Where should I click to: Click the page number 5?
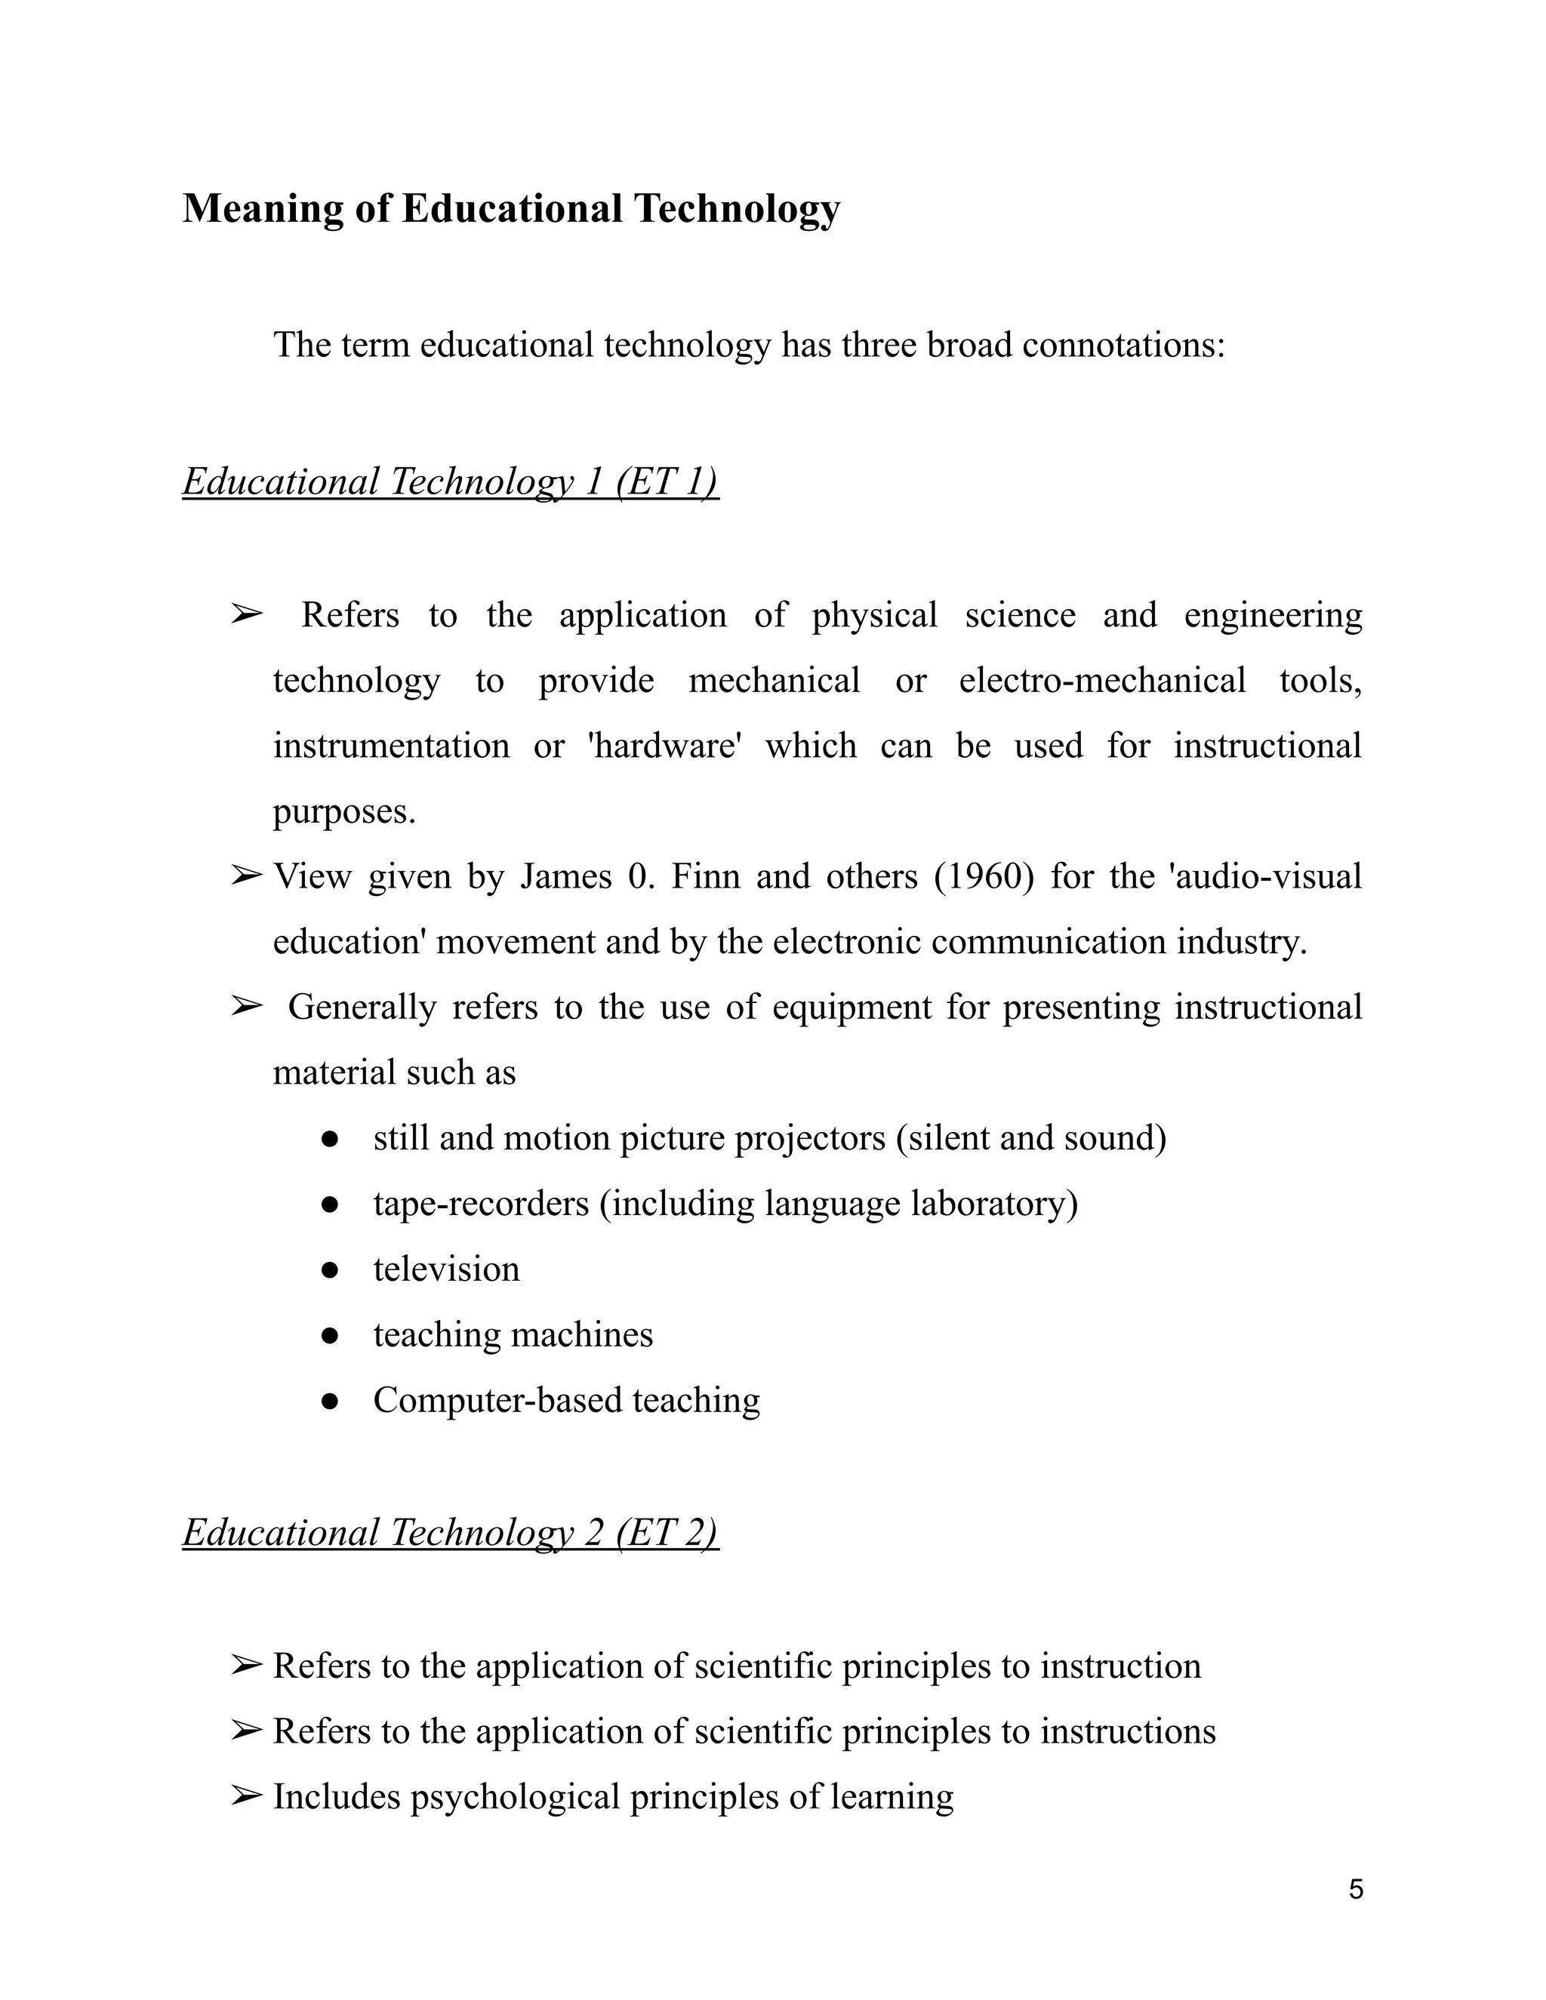pos(1356,1889)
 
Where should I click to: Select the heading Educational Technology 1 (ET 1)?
pos(451,482)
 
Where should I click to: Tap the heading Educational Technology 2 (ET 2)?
pos(451,1532)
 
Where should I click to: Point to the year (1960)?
pos(984,876)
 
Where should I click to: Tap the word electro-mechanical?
pos(1102,681)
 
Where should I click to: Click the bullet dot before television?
pos(331,1270)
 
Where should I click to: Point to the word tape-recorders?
pos(481,1203)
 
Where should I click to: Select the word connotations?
pos(1123,345)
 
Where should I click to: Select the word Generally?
pos(362,1008)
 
